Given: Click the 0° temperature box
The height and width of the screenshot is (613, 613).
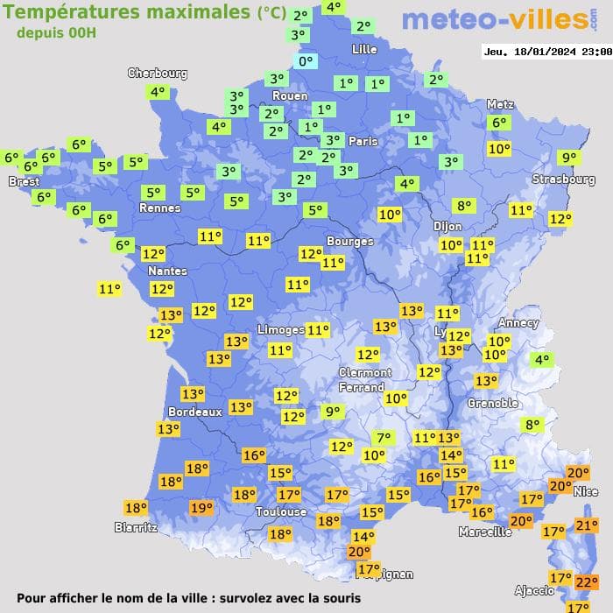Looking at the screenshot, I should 306,61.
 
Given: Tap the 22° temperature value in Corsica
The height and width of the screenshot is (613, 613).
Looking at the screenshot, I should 586,582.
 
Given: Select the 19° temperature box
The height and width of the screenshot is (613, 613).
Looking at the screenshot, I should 201,508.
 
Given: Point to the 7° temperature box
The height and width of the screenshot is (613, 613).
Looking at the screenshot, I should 383,439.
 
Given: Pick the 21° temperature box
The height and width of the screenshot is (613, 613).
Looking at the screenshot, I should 586,525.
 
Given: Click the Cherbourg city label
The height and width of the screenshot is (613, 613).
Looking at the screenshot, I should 158,74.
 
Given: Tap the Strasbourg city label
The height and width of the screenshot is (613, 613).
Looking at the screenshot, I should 564,180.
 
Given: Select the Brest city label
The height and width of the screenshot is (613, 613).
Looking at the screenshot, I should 24,182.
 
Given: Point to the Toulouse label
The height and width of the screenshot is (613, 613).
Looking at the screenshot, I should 281,511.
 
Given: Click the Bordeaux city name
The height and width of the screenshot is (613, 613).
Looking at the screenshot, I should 194,412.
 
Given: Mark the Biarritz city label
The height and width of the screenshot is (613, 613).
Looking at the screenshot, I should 136,527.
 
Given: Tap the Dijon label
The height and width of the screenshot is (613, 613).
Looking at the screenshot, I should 447,225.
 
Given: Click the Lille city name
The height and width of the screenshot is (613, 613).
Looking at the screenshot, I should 363,49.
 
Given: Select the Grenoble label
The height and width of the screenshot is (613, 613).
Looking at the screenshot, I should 494,404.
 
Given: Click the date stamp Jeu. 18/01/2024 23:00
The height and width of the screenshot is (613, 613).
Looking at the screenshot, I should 546,52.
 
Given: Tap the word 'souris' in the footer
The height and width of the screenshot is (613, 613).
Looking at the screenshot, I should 337,598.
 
